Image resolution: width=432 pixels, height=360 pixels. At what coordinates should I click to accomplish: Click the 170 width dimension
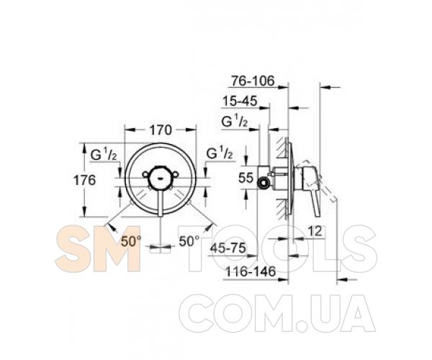161,130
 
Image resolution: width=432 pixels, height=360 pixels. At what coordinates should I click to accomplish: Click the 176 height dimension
84,181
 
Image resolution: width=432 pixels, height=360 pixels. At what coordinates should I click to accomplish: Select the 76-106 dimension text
253,81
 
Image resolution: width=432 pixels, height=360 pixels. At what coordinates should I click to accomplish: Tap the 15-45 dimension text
240,101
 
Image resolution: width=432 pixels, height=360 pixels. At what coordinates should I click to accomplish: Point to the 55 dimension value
246,178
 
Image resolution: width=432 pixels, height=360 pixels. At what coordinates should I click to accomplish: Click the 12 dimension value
315,231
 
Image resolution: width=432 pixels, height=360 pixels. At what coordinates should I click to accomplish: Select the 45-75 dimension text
228,248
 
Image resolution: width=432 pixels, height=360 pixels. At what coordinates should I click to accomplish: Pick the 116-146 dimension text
251,272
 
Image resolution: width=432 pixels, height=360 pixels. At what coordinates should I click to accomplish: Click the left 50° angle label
132,242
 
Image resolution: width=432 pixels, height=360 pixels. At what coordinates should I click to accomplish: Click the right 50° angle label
189,242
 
